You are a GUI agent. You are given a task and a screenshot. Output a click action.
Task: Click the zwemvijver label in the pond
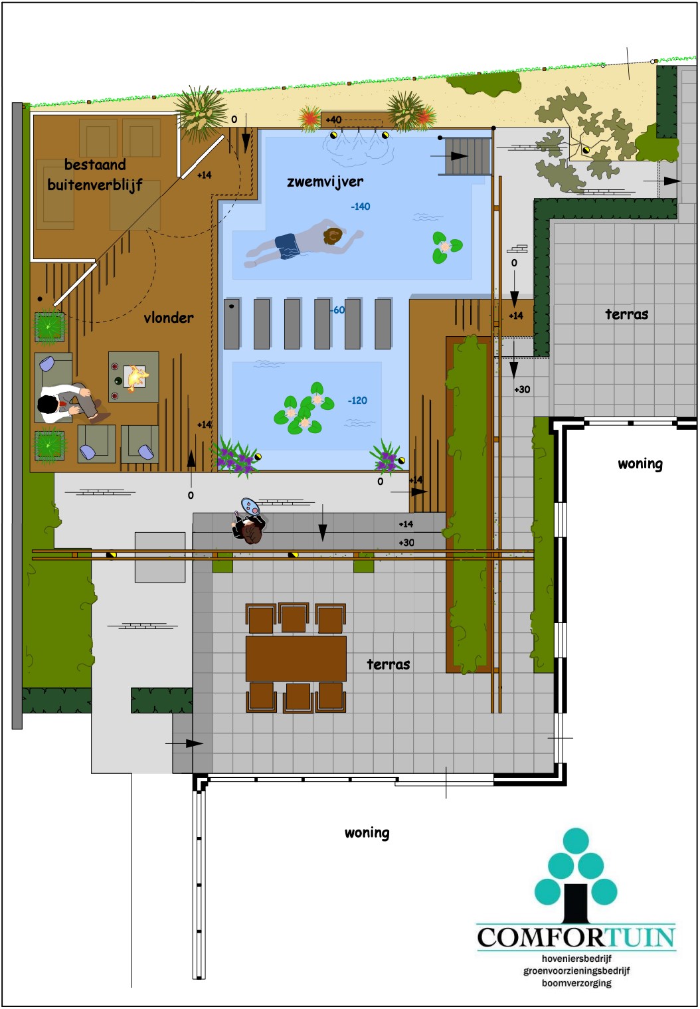pos(325,181)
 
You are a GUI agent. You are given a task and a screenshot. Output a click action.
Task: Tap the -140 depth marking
pos(361,207)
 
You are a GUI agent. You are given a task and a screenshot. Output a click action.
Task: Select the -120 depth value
pos(357,400)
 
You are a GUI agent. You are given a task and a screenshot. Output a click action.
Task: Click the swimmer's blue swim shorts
pos(287,246)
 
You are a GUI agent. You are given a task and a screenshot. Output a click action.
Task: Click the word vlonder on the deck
pos(169,318)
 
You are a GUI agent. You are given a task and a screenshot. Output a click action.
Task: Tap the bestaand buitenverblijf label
pos(95,175)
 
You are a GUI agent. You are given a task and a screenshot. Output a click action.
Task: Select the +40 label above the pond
pos(334,120)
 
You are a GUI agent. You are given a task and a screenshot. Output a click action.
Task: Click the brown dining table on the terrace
pos(296,658)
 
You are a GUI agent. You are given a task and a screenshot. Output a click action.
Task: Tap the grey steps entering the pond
pos(467,156)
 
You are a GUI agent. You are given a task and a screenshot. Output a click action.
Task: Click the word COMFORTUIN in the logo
pos(576,937)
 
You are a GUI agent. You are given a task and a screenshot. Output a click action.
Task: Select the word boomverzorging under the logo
pos(576,982)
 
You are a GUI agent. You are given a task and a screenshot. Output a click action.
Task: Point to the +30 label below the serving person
pos(406,543)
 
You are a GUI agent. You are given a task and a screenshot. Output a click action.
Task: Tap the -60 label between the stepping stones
pos(337,310)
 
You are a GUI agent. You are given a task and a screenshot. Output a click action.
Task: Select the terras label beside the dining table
pos(389,664)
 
